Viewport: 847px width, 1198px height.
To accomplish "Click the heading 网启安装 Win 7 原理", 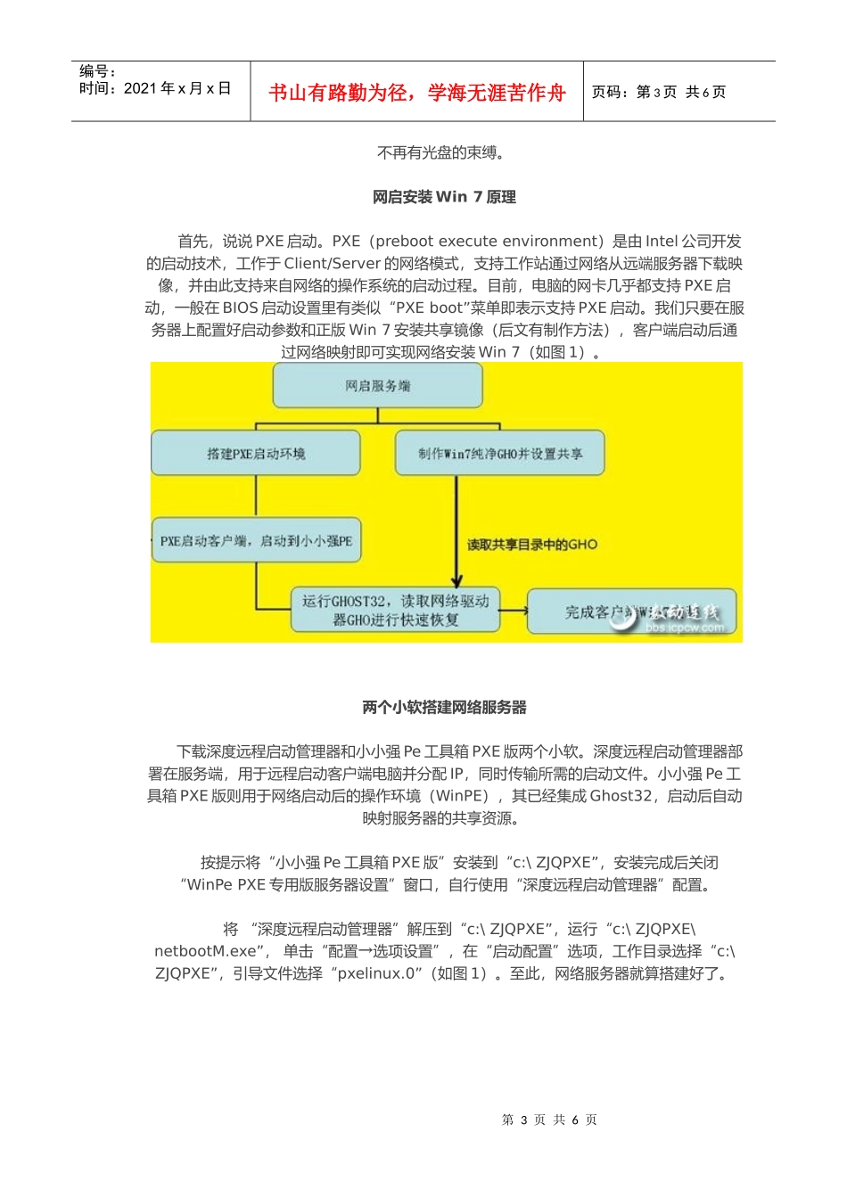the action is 444,197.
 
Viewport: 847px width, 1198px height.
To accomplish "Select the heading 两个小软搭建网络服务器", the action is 444,708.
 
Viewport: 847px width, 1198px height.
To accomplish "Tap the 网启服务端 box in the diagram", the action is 377,386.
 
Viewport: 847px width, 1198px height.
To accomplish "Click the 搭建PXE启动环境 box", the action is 256,454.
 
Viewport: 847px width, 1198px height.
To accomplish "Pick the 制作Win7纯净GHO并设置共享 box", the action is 500,454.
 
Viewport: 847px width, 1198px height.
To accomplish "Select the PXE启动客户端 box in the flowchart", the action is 256,540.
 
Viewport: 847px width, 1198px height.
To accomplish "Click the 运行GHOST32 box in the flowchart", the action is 395,611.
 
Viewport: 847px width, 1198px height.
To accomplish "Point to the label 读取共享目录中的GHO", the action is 532,545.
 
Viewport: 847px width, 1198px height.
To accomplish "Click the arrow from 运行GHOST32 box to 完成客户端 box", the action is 514,611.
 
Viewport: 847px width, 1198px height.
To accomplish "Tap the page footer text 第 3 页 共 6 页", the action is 549,1120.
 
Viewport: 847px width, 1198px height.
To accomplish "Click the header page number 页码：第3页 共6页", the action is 659,93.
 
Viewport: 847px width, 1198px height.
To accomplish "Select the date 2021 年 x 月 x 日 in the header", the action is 177,88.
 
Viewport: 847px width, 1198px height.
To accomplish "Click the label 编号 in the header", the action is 97,71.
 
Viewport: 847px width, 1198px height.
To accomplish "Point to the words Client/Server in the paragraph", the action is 332,264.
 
